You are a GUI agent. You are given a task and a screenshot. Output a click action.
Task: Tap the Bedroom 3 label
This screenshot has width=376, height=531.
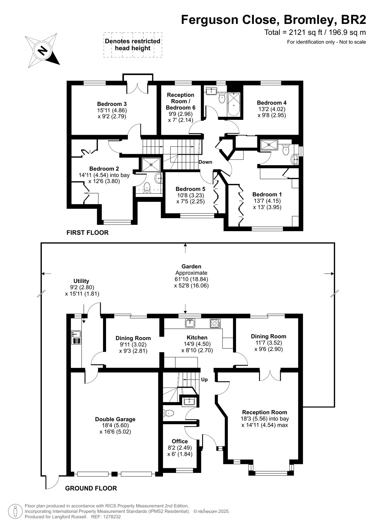tap(112, 104)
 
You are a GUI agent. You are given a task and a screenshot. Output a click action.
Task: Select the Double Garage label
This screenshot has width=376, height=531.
tap(115, 419)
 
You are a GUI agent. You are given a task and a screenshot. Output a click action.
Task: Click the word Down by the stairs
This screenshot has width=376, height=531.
tap(205, 162)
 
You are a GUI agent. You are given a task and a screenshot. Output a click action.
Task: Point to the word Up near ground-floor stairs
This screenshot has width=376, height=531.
tap(204, 380)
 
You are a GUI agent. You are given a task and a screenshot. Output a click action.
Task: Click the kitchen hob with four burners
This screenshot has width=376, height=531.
tap(215, 323)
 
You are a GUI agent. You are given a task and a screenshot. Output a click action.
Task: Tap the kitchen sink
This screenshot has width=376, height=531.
tap(190, 323)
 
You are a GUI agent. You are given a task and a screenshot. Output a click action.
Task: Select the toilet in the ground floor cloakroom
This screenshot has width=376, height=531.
tap(169, 413)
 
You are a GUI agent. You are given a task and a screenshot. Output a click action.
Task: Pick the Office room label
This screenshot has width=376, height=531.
tap(180, 441)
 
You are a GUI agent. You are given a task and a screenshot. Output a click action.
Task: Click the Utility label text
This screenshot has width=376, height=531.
tap(81, 281)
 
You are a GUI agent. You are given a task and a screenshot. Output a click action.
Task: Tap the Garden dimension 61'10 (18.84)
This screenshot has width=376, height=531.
tap(191, 279)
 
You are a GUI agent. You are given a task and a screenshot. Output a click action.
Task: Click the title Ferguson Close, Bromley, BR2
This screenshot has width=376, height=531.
tap(274, 20)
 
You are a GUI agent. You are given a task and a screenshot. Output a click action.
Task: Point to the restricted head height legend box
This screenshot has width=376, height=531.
tap(133, 45)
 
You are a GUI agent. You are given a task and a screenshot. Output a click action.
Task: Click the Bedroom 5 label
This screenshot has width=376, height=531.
tap(190, 189)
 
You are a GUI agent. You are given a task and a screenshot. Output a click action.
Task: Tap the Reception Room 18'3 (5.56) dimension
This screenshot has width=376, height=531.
tap(257, 419)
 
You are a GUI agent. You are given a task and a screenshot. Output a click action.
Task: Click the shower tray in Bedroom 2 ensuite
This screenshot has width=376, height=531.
tap(151, 165)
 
